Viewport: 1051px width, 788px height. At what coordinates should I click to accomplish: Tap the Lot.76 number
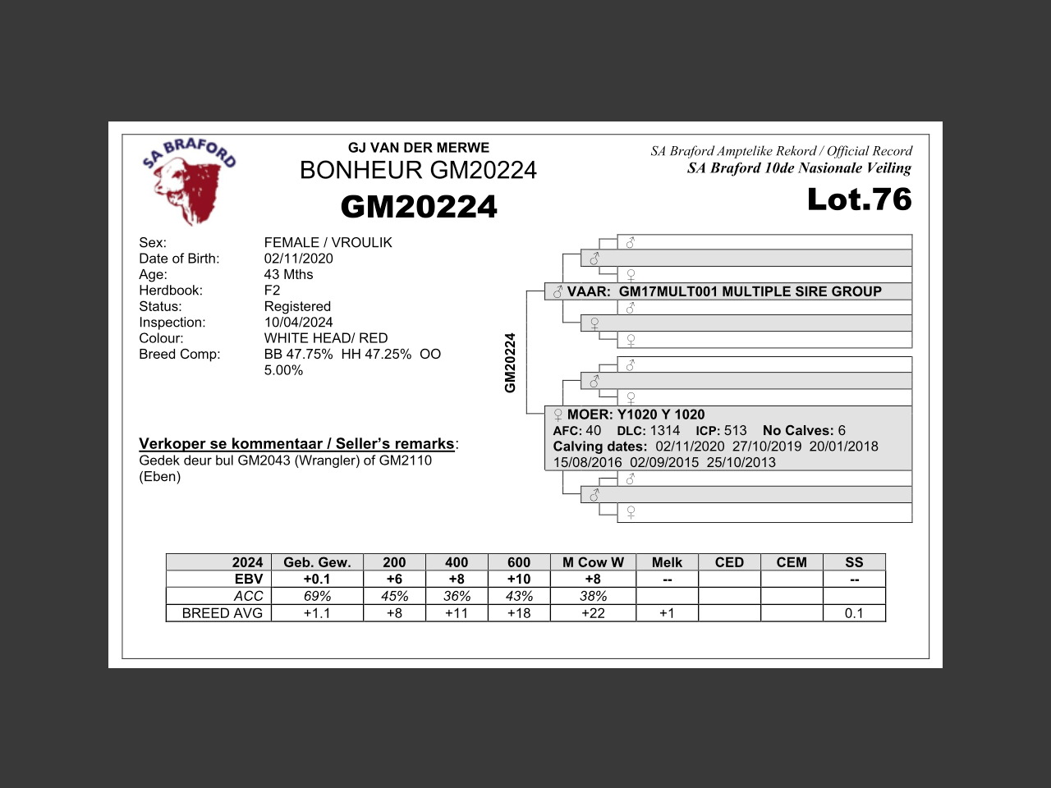pyautogui.click(x=859, y=199)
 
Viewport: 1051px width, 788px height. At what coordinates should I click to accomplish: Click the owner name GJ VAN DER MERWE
pyautogui.click(x=419, y=148)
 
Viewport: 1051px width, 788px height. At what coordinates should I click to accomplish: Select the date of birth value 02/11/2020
pyautogui.click(x=298, y=259)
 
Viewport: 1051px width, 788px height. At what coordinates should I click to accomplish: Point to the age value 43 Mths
pyautogui.click(x=288, y=274)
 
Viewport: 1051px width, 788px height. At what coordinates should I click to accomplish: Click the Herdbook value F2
pyautogui.click(x=272, y=291)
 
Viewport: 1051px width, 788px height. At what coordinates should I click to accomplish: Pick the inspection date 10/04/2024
pyautogui.click(x=298, y=323)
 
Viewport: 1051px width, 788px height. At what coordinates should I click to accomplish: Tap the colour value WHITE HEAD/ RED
pyautogui.click(x=325, y=338)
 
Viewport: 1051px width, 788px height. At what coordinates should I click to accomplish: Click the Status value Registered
pyautogui.click(x=297, y=306)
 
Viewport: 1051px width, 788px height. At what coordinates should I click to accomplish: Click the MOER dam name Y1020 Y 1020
pyautogui.click(x=660, y=415)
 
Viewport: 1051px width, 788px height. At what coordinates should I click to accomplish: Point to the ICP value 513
pyautogui.click(x=735, y=430)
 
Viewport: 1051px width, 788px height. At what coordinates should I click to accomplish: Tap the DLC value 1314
pyautogui.click(x=665, y=430)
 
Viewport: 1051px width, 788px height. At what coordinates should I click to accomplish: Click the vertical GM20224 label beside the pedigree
pyautogui.click(x=510, y=363)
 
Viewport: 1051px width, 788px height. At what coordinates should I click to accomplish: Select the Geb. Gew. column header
pyautogui.click(x=317, y=562)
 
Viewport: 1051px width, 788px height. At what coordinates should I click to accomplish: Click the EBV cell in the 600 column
pyautogui.click(x=519, y=579)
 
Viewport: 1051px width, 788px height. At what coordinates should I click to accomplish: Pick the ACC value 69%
pyautogui.click(x=317, y=596)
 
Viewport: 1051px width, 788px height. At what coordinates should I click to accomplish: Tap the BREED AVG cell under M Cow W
pyautogui.click(x=593, y=613)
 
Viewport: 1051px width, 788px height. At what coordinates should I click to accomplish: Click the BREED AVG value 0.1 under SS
pyautogui.click(x=854, y=613)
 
